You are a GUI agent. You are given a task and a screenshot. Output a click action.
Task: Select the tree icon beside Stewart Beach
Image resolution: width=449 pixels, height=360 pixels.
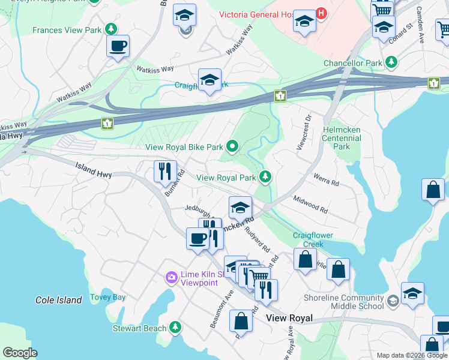(x=175, y=328)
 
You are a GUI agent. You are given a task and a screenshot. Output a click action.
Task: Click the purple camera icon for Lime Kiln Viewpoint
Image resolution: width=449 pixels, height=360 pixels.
(x=171, y=277)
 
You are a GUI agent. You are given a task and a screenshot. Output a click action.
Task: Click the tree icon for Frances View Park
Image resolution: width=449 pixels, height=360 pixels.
(x=110, y=29)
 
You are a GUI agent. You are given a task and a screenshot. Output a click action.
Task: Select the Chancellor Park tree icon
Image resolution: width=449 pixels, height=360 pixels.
(x=391, y=62)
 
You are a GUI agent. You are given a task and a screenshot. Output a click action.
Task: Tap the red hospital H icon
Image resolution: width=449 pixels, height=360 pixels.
(x=322, y=13)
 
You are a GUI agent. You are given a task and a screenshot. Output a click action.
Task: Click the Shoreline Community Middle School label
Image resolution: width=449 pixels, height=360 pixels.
(x=345, y=302)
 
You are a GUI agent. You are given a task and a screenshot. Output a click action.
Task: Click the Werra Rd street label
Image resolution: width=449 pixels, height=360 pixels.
(x=327, y=179)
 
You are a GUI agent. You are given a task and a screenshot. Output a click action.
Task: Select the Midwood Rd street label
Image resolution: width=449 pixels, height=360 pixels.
(x=310, y=204)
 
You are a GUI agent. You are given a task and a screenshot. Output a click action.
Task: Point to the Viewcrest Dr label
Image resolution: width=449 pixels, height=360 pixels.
(x=304, y=133)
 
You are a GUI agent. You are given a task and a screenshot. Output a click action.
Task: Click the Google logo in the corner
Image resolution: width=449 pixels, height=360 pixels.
(x=20, y=352)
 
